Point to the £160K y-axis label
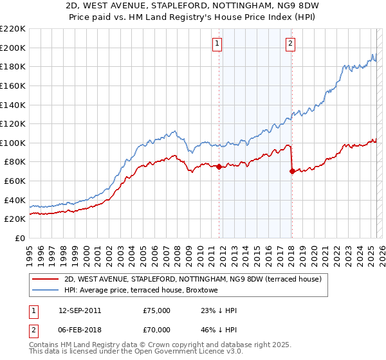[x=13, y=85]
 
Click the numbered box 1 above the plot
[x=217, y=44]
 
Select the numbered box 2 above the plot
[x=291, y=44]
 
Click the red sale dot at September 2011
[x=219, y=166]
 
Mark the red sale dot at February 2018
[x=292, y=171]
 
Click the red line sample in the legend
[x=46, y=279]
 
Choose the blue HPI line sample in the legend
[x=46, y=291]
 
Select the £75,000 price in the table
[x=157, y=310]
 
